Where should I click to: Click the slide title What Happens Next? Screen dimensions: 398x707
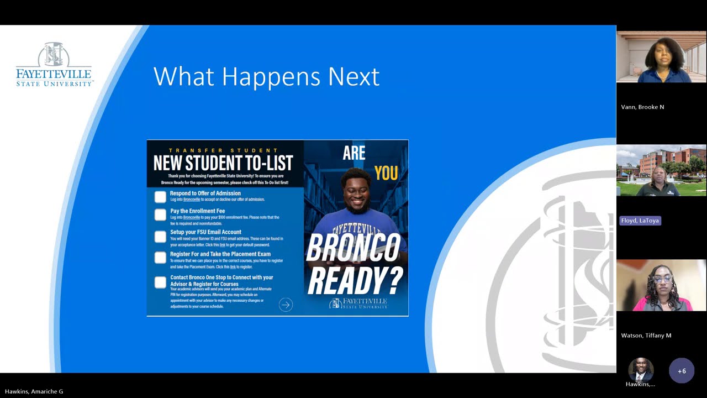[x=266, y=76]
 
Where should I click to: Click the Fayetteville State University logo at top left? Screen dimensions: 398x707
[x=54, y=65]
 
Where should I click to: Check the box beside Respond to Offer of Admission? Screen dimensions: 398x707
[x=160, y=197]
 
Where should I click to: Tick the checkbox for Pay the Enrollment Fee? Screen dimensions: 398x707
[x=160, y=214]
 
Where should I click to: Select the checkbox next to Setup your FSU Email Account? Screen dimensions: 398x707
[x=160, y=237]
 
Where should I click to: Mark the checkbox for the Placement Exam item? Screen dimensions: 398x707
[x=160, y=258]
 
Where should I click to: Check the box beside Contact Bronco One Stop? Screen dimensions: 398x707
[x=160, y=282]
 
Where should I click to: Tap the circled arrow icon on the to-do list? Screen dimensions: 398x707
[x=286, y=305]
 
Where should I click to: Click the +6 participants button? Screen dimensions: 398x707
[x=682, y=371]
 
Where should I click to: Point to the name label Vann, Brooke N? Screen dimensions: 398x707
[x=642, y=107]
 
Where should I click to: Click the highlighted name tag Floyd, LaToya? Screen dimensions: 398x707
[x=640, y=221]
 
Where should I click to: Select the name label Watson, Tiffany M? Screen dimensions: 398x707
[x=646, y=336]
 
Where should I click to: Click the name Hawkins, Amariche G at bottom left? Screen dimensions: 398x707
[x=34, y=391]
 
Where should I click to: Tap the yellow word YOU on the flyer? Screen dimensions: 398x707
[x=386, y=173]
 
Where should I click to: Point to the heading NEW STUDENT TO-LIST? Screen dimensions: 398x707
[x=223, y=163]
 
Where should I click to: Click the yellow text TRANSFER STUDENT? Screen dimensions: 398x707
[x=223, y=150]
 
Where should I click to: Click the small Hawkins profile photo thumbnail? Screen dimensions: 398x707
[x=641, y=369]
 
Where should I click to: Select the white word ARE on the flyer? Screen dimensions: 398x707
[x=354, y=153]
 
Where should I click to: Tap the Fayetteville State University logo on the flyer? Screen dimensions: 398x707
[x=359, y=303]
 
